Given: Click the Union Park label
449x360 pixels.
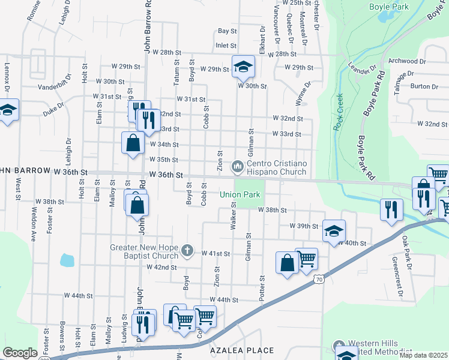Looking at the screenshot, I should tap(240, 194).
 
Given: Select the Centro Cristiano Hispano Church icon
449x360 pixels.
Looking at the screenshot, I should tap(238, 164).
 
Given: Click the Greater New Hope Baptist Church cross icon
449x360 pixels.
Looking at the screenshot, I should tap(187, 250).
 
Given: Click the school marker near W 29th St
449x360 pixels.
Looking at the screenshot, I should tap(243, 67).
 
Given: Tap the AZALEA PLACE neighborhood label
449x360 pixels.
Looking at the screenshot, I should tap(242, 350).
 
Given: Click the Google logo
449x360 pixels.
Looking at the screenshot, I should tap(20, 352).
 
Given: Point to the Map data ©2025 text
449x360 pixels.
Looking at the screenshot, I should tap(423, 355).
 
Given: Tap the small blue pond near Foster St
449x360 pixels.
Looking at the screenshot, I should tap(67, 260).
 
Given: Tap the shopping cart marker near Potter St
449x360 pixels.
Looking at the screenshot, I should tap(307, 259).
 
